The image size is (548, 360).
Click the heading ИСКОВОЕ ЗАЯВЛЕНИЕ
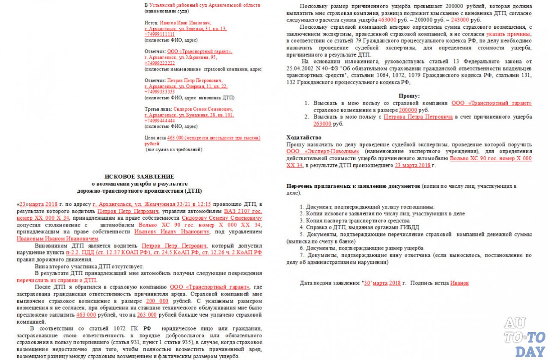[x=140, y=176]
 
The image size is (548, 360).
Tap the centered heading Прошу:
[x=409, y=96]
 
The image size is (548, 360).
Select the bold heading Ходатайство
[x=304, y=137]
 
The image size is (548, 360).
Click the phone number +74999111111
[x=160, y=34]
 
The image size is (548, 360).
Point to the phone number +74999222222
[x=160, y=63]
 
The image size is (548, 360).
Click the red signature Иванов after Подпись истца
[x=459, y=283]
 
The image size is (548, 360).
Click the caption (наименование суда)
[x=167, y=11]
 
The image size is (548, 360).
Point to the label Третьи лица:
[x=158, y=109]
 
